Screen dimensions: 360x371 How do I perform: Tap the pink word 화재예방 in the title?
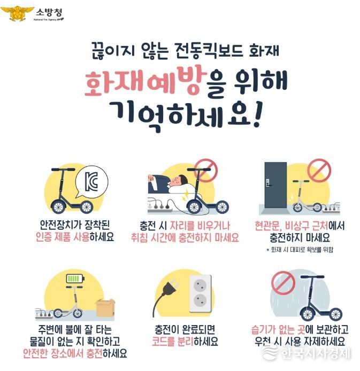point(144,81)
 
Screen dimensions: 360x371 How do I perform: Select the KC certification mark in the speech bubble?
point(91,182)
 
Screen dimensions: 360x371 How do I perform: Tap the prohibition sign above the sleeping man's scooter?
point(205,170)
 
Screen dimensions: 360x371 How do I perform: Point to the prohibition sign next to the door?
point(319,171)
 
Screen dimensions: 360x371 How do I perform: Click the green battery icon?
point(75,279)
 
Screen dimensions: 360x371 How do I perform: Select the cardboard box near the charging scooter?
point(105,308)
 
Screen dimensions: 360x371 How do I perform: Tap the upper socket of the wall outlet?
point(200,284)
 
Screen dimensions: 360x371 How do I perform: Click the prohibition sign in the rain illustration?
point(283,283)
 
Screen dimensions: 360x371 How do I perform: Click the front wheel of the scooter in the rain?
point(308,314)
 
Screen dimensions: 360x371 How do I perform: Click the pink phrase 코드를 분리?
point(172,341)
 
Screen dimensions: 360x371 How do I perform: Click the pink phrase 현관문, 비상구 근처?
point(291,226)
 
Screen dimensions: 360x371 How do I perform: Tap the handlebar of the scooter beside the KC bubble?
point(63,169)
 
